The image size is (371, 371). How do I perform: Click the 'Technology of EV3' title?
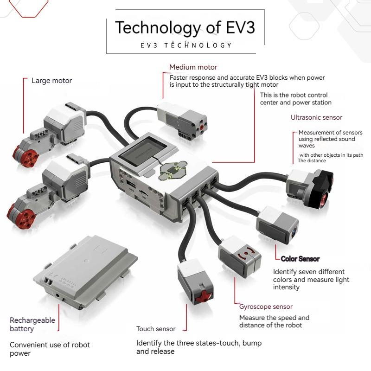tap(185, 27)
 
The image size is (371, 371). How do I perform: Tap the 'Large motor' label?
tap(51, 81)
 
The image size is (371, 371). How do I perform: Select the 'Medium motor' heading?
tap(193, 67)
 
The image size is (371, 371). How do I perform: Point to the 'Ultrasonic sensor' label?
tap(316, 118)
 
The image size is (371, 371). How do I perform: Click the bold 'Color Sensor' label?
tap(300, 259)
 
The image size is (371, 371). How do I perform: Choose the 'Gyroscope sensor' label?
tap(266, 307)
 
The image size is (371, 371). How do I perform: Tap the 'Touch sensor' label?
tap(156, 329)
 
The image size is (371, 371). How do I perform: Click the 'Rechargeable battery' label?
tap(32, 325)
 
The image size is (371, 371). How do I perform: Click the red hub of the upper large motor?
tap(22, 151)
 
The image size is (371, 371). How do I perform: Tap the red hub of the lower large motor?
tap(17, 211)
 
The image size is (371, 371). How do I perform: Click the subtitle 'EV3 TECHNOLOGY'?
tap(186, 45)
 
